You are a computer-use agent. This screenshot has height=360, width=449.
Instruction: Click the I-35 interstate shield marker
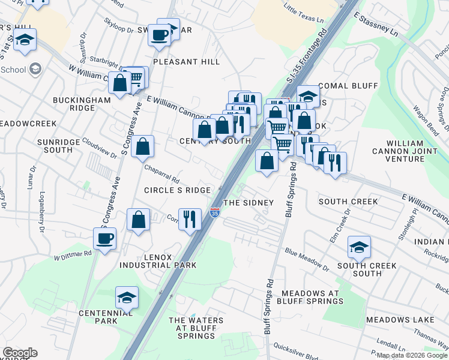click(x=215, y=212)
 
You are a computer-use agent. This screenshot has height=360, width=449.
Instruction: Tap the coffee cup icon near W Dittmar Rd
click(x=104, y=239)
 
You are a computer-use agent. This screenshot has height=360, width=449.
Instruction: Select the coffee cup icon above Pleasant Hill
click(x=160, y=35)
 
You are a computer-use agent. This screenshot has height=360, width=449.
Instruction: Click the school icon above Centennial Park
click(x=127, y=298)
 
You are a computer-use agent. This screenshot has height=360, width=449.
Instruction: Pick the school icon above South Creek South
click(x=359, y=247)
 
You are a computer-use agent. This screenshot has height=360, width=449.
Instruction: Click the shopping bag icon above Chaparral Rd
click(x=143, y=146)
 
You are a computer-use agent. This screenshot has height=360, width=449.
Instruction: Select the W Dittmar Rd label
click(x=73, y=255)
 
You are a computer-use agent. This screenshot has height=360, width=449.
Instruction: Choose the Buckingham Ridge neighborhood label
click(x=82, y=104)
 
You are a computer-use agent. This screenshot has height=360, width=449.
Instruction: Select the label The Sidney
click(x=249, y=203)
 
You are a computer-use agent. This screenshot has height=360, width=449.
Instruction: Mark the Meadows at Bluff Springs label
click(x=310, y=297)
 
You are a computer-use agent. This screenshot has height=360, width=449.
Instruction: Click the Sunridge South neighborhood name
click(x=63, y=146)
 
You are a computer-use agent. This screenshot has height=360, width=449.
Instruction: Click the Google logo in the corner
click(x=20, y=353)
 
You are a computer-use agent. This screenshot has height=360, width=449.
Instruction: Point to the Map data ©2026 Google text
click(x=411, y=355)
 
